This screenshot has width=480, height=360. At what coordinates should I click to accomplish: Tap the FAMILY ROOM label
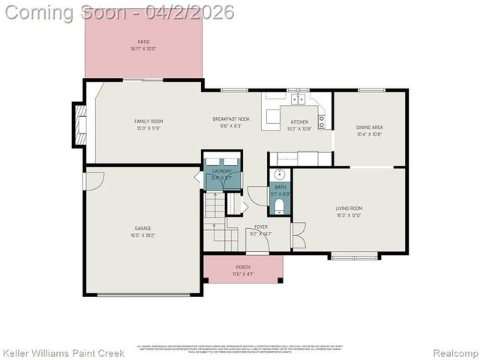(148, 121)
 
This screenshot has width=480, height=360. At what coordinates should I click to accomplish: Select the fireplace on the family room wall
(79, 124)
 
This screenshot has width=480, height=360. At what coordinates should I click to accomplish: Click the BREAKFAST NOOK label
(231, 119)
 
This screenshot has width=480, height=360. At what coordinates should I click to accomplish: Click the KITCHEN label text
(299, 121)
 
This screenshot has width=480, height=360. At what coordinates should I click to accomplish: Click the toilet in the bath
(280, 204)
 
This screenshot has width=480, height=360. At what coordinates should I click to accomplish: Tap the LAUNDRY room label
(222, 171)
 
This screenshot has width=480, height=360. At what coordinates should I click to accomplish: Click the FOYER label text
(260, 226)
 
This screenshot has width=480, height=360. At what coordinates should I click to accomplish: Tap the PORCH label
(243, 267)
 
